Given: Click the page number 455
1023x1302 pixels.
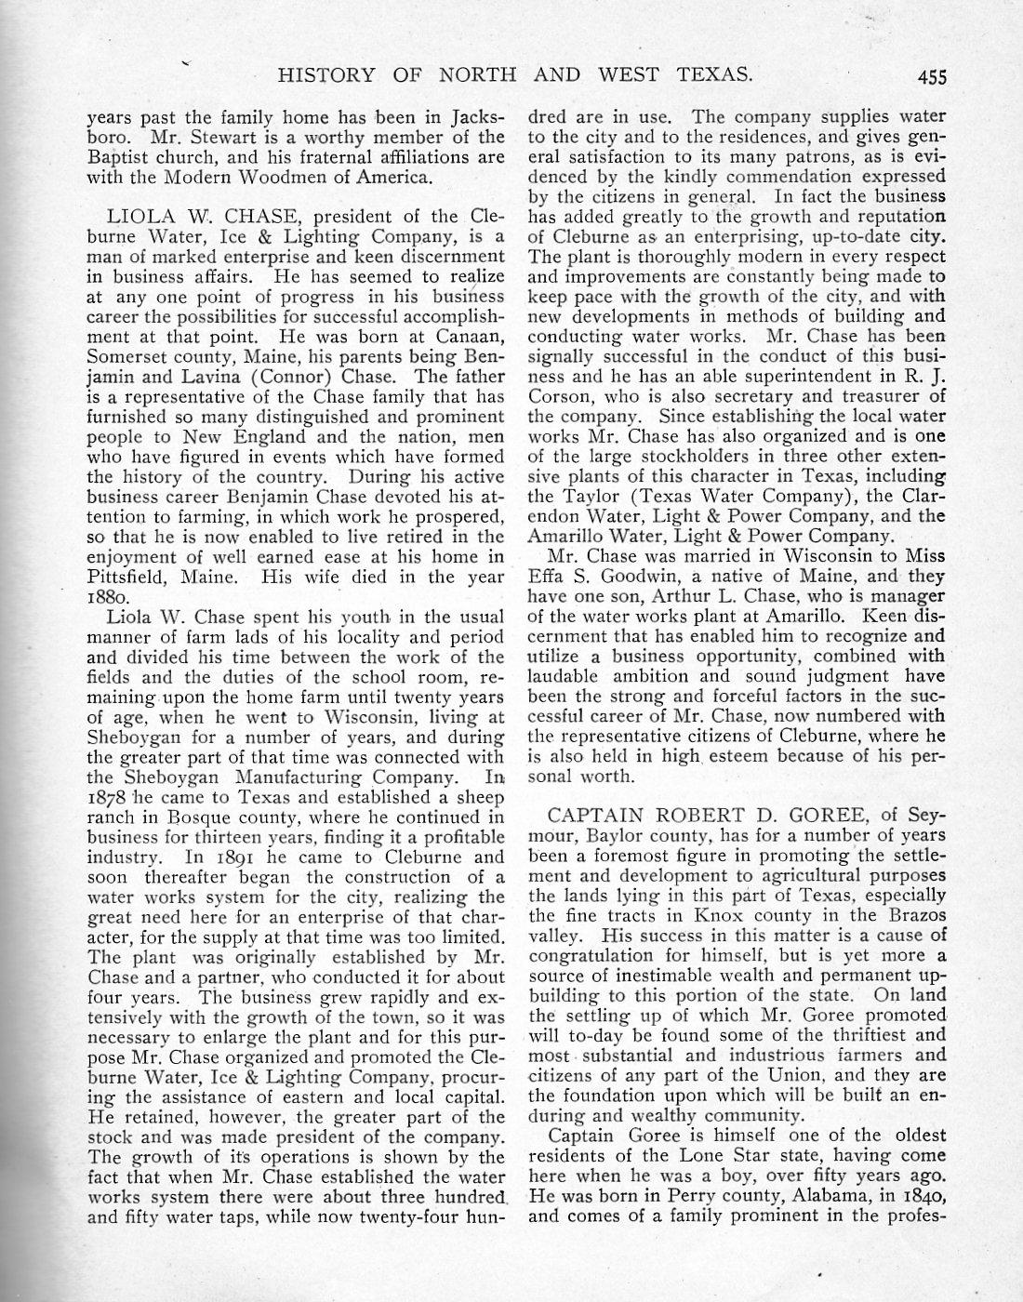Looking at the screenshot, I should [x=929, y=76].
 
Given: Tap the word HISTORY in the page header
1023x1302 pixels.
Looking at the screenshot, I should [x=325, y=75].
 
